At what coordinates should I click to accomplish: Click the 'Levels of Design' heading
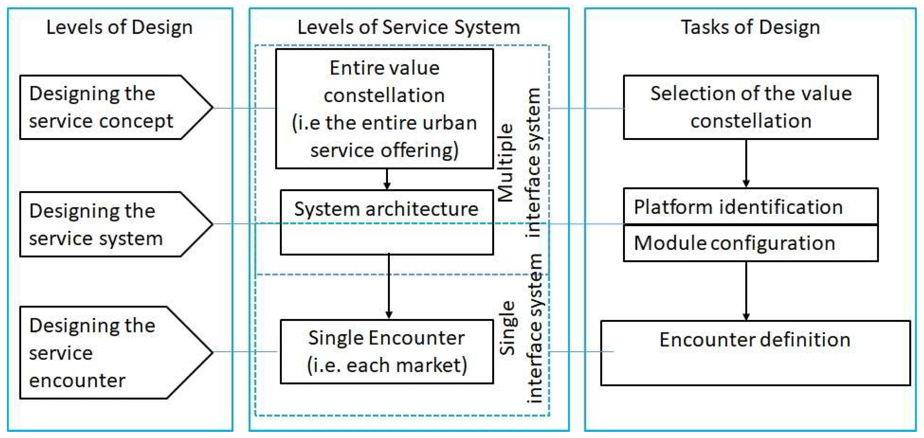(x=119, y=27)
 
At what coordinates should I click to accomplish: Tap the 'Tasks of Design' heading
(x=750, y=27)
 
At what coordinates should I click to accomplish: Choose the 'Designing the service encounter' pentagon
(x=108, y=353)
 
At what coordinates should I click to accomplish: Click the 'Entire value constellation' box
(x=385, y=109)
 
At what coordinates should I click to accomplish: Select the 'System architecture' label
(x=386, y=209)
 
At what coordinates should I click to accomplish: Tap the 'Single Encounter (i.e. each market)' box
(x=387, y=352)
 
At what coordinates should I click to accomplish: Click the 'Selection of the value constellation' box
(x=751, y=107)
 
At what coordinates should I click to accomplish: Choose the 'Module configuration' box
(x=751, y=243)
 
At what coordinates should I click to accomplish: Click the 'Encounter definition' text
(x=755, y=340)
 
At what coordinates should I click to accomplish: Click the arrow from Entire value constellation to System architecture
(x=387, y=179)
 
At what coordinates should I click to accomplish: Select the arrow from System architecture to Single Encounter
(x=389, y=287)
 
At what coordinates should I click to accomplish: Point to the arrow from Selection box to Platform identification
(x=747, y=163)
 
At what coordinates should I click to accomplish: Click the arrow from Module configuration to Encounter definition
(x=747, y=290)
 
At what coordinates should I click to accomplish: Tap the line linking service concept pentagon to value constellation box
(x=244, y=108)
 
